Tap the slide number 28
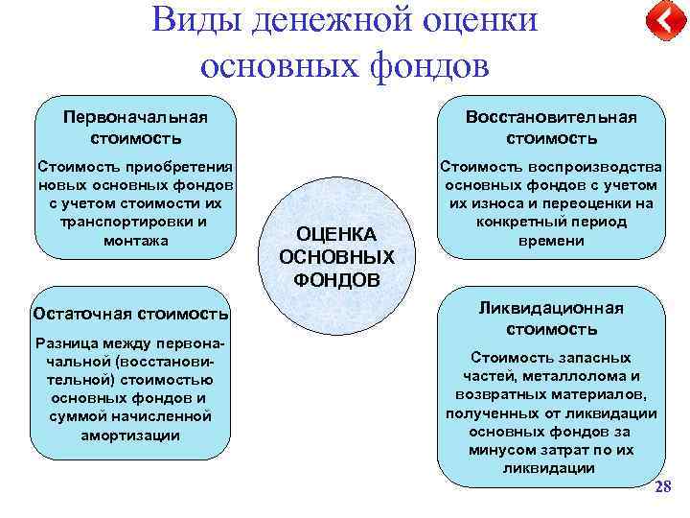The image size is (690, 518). (662, 488)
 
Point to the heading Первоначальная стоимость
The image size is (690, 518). (135, 127)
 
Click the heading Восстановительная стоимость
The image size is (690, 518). (551, 127)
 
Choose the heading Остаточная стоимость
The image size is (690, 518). (130, 313)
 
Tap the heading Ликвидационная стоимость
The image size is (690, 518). (551, 318)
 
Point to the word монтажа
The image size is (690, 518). (135, 241)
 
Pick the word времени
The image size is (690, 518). (551, 241)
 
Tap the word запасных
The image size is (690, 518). (590, 357)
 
